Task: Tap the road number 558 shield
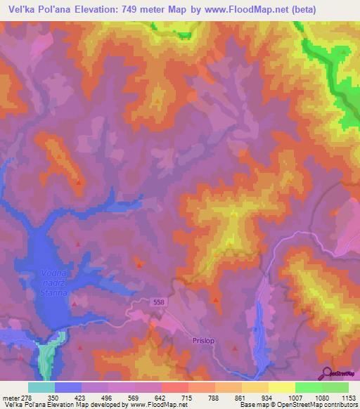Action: [159, 302]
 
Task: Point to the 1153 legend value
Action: [348, 398]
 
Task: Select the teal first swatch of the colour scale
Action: [41, 387]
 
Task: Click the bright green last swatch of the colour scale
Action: [335, 387]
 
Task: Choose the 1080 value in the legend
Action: [321, 398]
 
